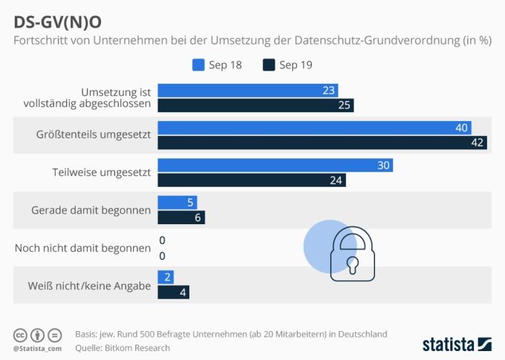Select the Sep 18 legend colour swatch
(198, 65)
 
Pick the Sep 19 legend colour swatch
(268, 65)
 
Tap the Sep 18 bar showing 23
(248, 91)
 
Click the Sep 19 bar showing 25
(255, 105)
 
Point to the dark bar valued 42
(322, 143)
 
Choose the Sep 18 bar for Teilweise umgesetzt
(276, 165)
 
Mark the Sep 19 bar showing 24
(252, 180)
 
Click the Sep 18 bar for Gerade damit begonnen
(177, 202)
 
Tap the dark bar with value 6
(181, 217)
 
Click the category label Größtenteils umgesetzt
(94, 135)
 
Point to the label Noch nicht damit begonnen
(82, 247)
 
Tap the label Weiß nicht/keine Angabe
(89, 284)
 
